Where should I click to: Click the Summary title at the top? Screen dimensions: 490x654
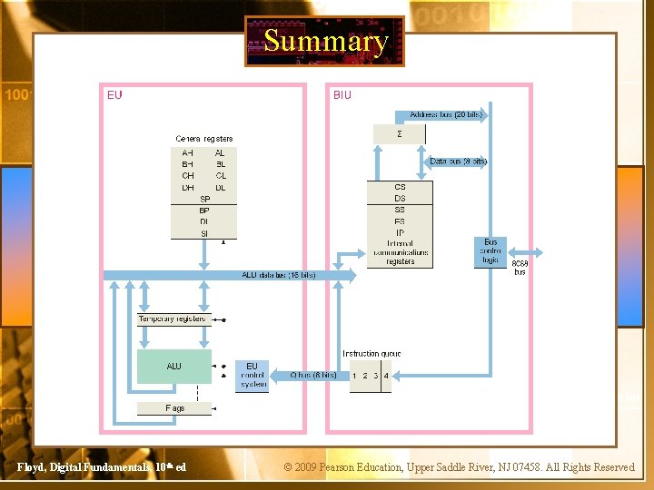(325, 42)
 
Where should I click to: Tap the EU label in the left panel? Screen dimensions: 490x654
(114, 94)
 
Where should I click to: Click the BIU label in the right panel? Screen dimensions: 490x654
(342, 94)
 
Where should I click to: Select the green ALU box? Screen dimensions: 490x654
(173, 367)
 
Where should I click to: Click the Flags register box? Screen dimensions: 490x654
(174, 408)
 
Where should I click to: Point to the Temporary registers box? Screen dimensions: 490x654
(173, 319)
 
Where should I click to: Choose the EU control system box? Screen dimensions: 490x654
(253, 376)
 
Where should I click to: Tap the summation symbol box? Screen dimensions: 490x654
(400, 133)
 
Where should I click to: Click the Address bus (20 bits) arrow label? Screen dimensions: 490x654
(446, 116)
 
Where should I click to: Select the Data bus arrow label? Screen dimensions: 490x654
(458, 162)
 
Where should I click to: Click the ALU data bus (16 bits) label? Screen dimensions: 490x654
(278, 275)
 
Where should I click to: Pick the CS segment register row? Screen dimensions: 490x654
(400, 187)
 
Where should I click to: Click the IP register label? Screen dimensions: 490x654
(400, 233)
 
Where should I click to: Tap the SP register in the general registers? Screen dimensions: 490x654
(204, 199)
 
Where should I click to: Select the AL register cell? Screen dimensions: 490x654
(220, 152)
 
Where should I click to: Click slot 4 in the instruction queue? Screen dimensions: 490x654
(386, 376)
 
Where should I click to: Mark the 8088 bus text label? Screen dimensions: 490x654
(520, 268)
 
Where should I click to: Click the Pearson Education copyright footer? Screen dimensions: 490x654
(460, 467)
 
